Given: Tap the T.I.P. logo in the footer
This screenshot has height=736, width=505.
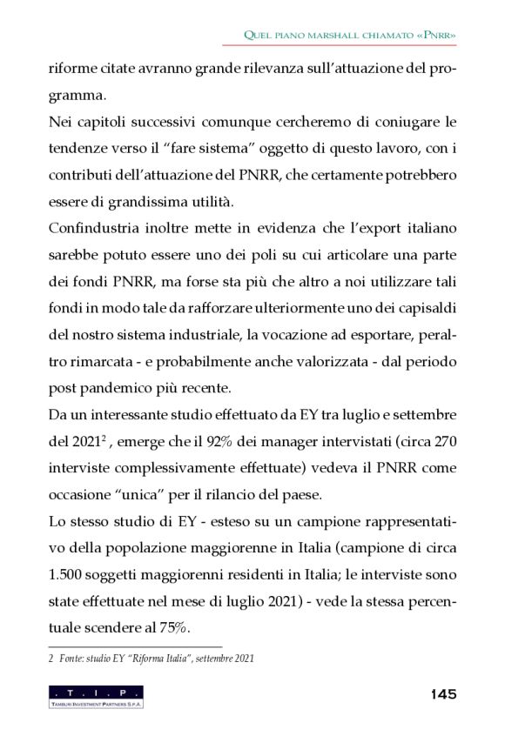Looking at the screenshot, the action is [96, 696].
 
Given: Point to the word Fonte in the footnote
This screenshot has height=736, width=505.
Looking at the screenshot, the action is [74, 659].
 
